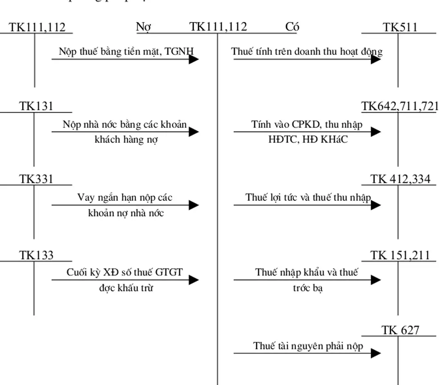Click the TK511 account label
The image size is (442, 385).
click(400, 27)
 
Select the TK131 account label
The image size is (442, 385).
click(36, 106)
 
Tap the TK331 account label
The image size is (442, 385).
click(36, 179)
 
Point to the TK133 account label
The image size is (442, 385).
click(36, 255)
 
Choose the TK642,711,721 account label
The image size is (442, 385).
click(400, 106)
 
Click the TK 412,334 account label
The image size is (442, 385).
click(400, 179)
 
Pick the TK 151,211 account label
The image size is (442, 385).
click(400, 255)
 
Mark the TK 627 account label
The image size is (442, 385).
click(400, 330)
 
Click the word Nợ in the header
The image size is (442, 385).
click(143, 27)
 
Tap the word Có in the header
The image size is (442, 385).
click(292, 27)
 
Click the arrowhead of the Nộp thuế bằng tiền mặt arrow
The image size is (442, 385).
click(194, 59)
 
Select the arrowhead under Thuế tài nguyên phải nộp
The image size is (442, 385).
click(376, 353)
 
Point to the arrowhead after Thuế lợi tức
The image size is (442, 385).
click(376, 205)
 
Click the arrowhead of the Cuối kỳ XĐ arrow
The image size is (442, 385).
click(194, 280)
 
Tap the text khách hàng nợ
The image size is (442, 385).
click(126, 139)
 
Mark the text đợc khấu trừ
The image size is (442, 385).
click(126, 288)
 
